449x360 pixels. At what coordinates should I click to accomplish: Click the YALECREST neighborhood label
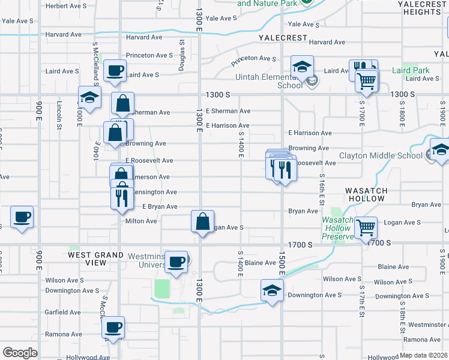[x=283, y=37]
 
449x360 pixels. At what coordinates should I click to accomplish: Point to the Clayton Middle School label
[x=381, y=155]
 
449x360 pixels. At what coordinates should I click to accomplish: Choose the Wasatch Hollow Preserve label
[x=337, y=228]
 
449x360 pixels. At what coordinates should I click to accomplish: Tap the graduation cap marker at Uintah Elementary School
[x=302, y=67]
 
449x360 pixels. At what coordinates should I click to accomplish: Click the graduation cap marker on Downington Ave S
[x=272, y=290]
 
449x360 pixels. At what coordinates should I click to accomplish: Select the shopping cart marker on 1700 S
[x=366, y=227]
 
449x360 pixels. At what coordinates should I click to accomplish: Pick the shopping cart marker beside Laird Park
[x=366, y=80]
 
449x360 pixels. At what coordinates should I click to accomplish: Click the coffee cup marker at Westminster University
[x=176, y=262]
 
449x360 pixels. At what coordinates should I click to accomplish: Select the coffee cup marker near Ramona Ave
[x=113, y=328]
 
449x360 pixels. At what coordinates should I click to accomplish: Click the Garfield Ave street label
[x=63, y=313]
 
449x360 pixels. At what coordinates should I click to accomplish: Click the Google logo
[x=19, y=353]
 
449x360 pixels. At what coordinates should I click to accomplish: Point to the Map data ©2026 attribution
[x=423, y=355]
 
